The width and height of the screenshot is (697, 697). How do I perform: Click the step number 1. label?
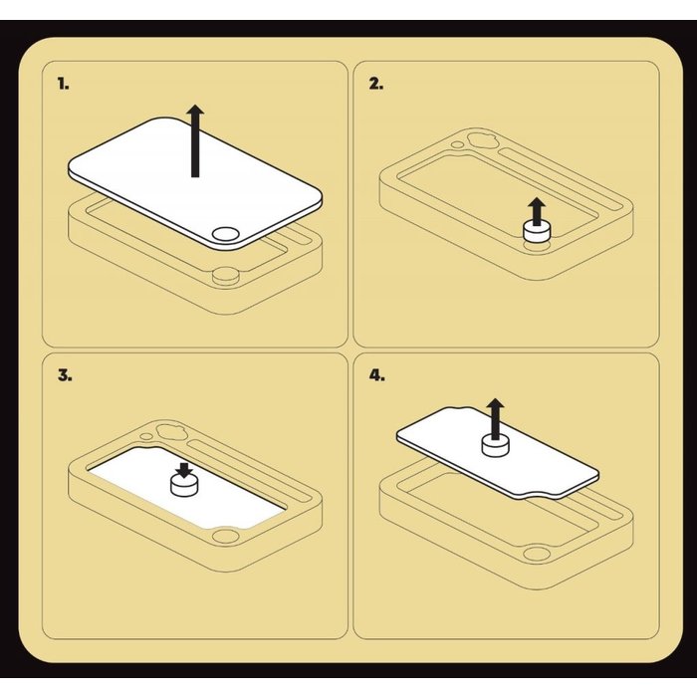63,84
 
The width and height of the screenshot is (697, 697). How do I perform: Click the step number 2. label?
376,84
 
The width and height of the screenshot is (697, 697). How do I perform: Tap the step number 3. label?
65,375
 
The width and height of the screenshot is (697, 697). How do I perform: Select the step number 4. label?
376,375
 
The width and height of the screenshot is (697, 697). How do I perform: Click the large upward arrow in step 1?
195,141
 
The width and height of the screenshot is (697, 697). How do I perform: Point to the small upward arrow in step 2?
537,211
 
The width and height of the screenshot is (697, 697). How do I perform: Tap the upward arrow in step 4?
495,418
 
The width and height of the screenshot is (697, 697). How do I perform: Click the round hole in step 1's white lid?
225,234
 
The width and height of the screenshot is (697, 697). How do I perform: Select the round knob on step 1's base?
225,276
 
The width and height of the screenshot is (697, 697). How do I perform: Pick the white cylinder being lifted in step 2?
537,232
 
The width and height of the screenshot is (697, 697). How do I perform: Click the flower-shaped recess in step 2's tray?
480,141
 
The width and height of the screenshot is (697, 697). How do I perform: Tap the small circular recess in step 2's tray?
456,144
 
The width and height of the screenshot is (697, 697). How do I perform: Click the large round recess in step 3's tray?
225,536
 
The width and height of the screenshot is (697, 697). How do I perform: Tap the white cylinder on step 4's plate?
496,445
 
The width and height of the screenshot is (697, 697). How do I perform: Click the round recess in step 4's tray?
537,554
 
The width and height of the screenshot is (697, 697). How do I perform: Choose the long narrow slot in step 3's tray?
249,470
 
